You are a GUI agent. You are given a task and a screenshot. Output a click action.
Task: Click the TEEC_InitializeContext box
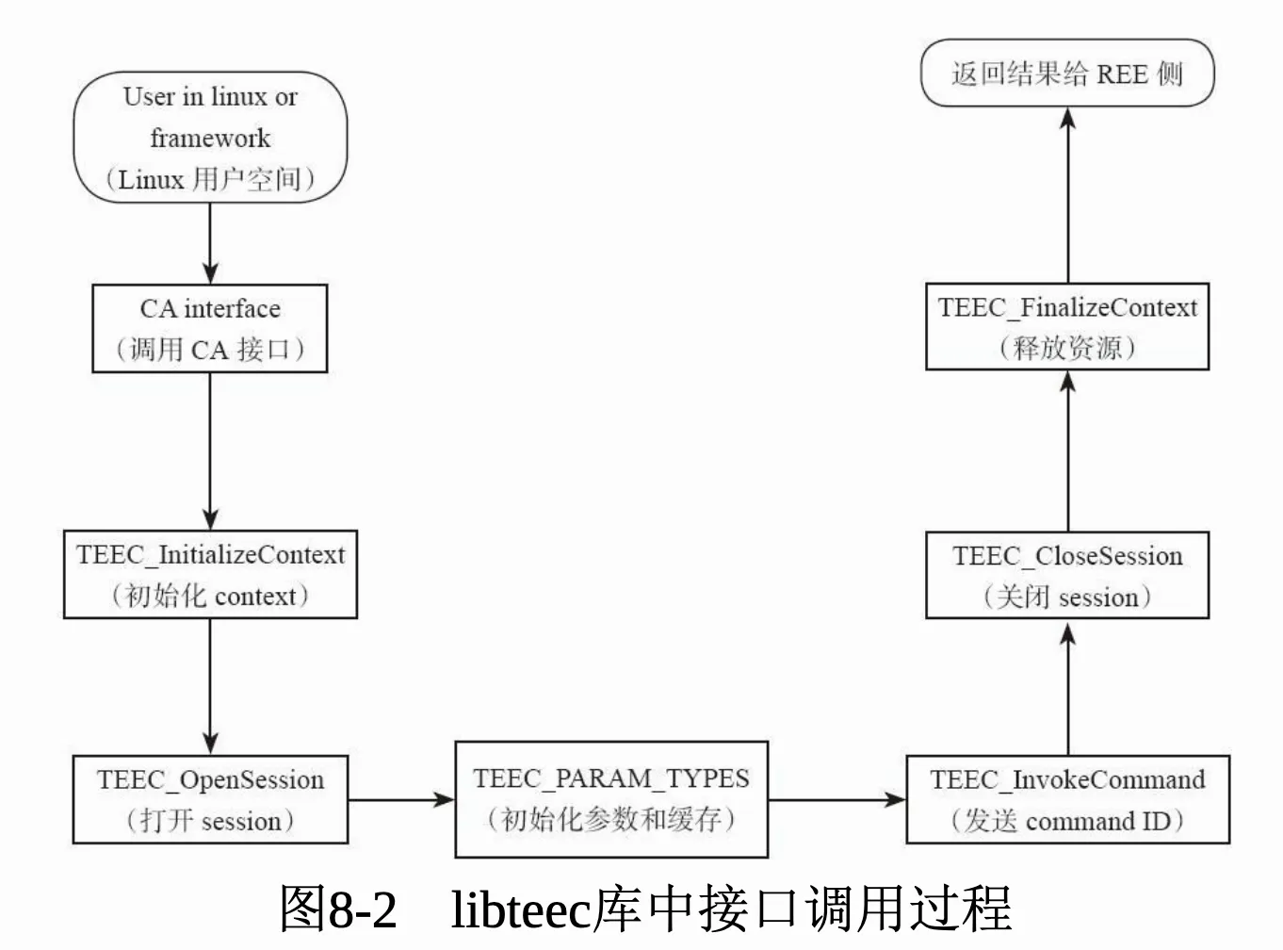pyautogui.click(x=210, y=575)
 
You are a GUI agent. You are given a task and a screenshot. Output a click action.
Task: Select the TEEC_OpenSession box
pyautogui.click(x=210, y=799)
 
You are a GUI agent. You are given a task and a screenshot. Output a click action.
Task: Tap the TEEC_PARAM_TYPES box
pyautogui.click(x=611, y=799)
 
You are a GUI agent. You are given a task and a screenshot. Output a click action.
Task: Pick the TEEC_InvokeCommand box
pyautogui.click(x=1067, y=799)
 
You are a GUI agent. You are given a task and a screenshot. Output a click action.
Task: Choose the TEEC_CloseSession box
pyautogui.click(x=1067, y=575)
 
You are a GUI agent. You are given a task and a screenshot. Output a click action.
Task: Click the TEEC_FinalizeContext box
pyautogui.click(x=1067, y=326)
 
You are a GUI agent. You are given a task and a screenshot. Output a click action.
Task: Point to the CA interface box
pyautogui.click(x=210, y=329)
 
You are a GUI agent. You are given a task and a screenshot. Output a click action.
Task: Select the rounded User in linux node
pyautogui.click(x=210, y=137)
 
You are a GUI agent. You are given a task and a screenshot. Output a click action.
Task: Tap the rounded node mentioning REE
pyautogui.click(x=1067, y=73)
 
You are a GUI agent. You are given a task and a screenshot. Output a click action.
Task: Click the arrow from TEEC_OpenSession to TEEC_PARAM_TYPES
pyautogui.click(x=401, y=800)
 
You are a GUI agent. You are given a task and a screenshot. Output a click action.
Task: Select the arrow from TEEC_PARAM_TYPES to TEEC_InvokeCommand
pyautogui.click(x=836, y=800)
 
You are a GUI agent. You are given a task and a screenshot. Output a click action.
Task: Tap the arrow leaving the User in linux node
pyautogui.click(x=210, y=243)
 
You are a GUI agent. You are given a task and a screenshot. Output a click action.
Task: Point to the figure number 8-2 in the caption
pyautogui.click(x=362, y=909)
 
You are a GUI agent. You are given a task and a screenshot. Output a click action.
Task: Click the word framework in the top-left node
pyautogui.click(x=210, y=139)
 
